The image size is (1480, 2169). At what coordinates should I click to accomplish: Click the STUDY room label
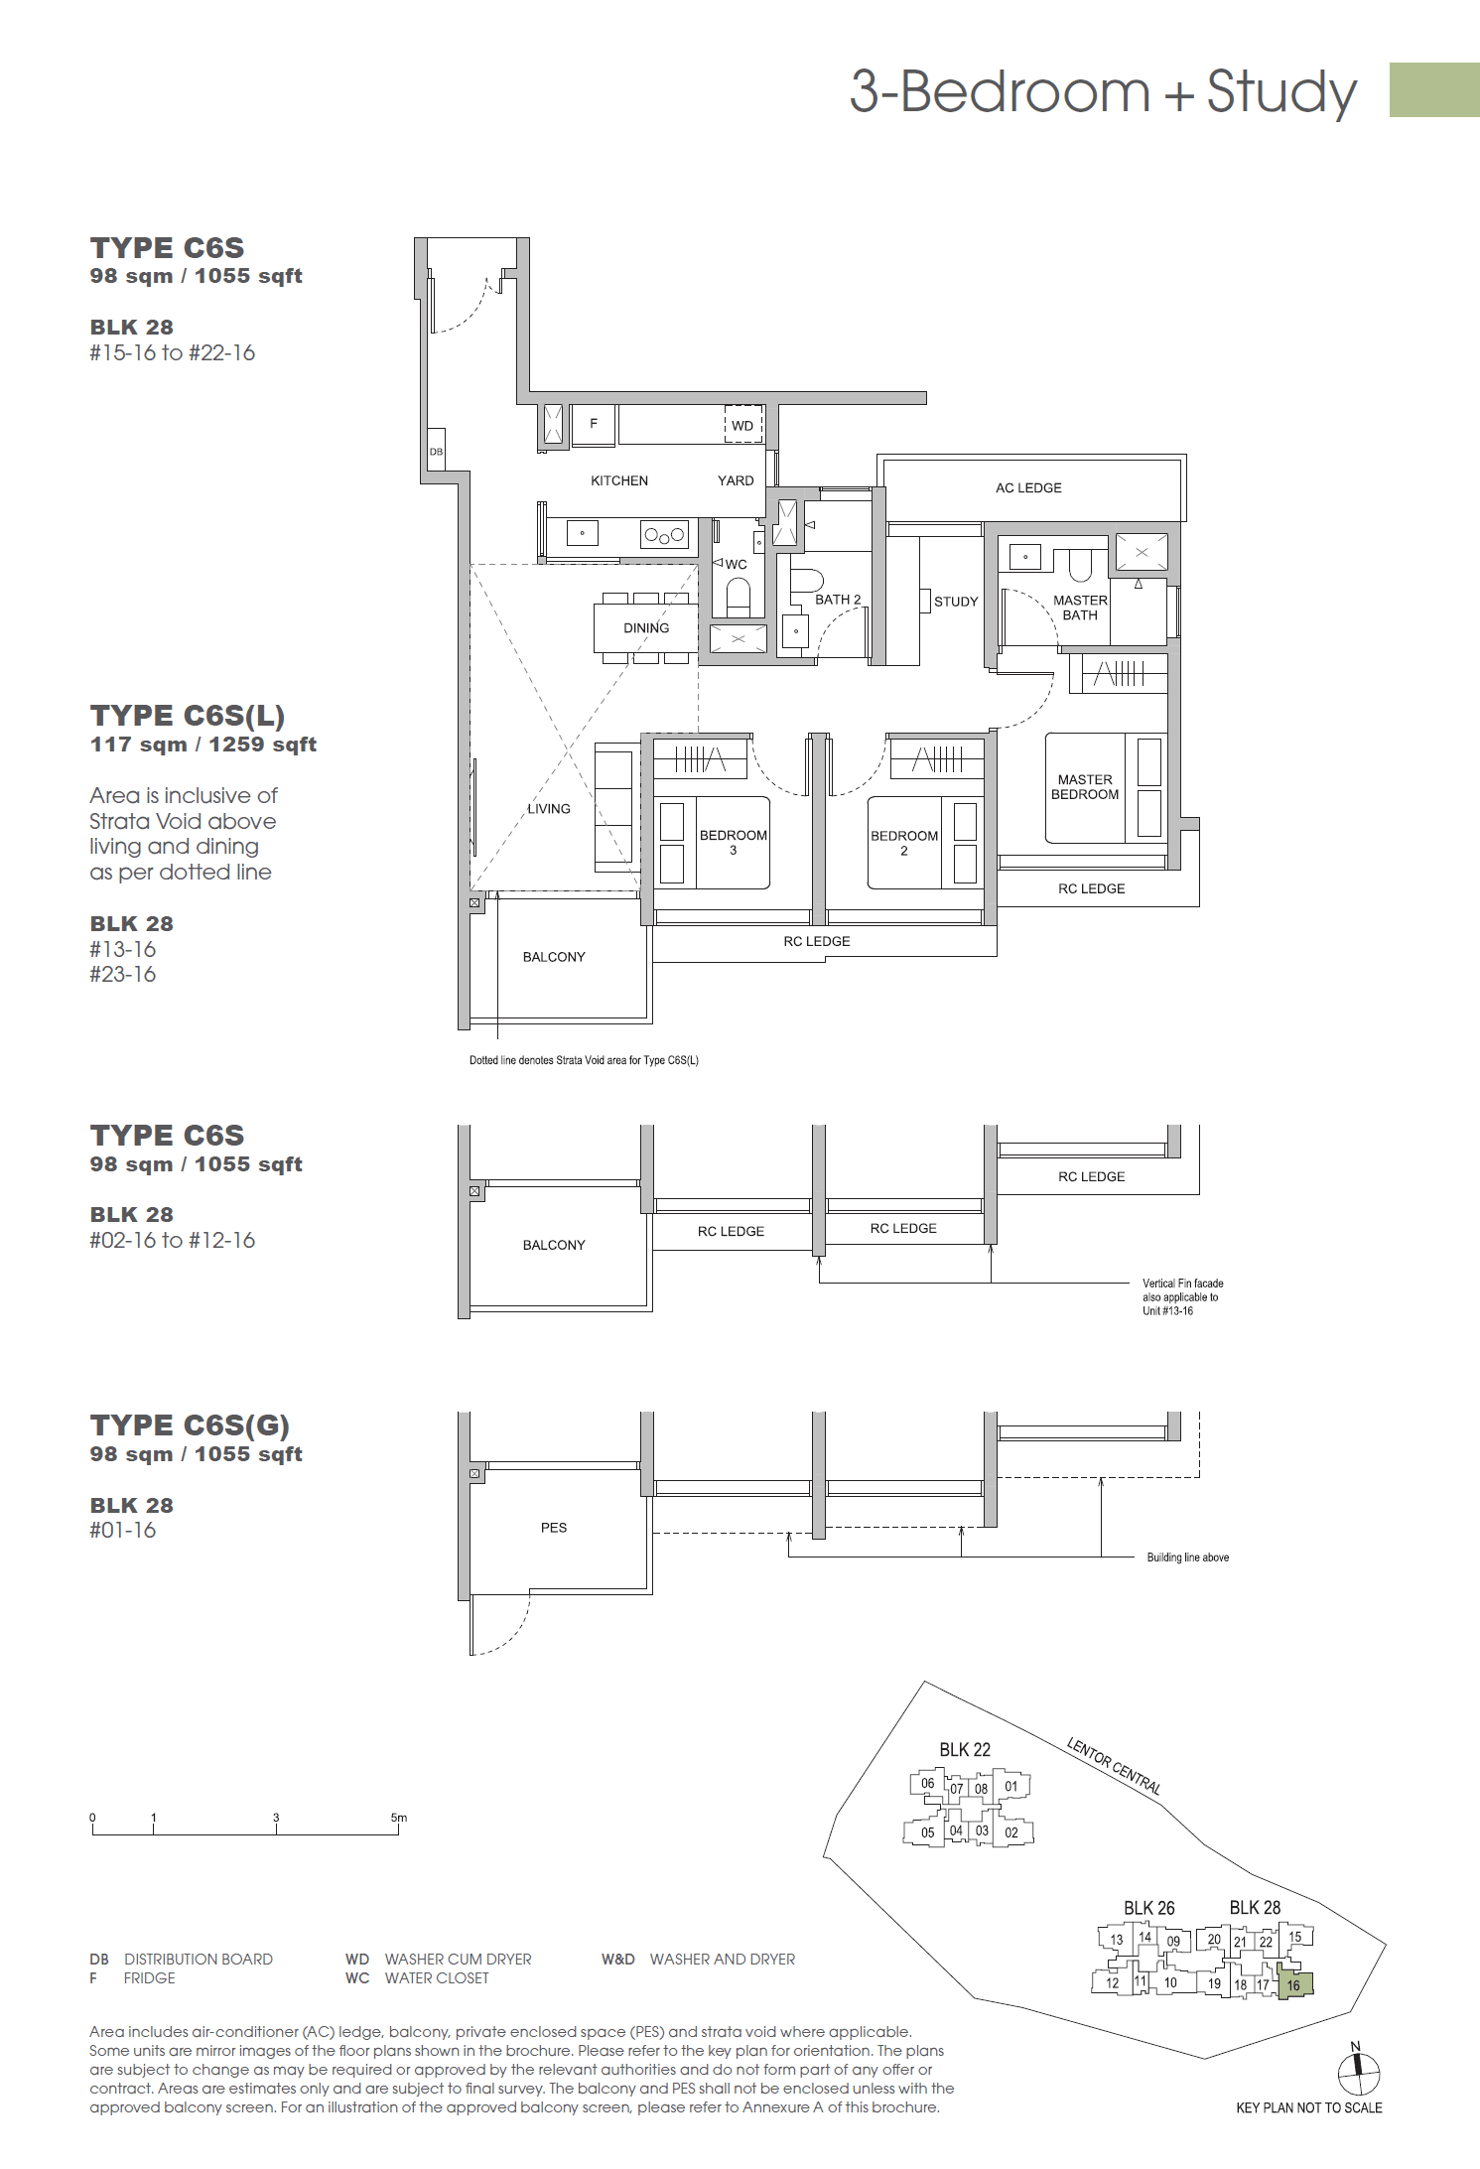pos(955,602)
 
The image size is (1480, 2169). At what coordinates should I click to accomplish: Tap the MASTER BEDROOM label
pos(1084,787)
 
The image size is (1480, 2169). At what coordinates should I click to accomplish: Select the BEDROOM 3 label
pos(733,842)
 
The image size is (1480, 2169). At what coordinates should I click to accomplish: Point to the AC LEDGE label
pos(1028,488)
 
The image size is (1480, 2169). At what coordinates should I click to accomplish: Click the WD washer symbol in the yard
pos(742,425)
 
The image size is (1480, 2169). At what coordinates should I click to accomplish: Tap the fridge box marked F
pos(594,424)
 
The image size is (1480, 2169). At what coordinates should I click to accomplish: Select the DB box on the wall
pos(436,451)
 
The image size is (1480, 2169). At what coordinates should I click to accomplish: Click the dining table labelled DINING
pos(645,628)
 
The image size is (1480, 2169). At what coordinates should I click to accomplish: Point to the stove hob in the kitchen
pos(664,535)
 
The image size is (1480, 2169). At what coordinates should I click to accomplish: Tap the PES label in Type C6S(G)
pos(554,1528)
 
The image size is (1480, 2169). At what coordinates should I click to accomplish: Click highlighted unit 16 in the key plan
pos(1294,1984)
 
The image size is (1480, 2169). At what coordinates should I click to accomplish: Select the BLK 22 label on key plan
pos(965,1750)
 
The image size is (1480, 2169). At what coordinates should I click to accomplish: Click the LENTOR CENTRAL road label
pos(1114,1766)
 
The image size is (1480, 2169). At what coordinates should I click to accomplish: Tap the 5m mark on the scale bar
pos(398,1819)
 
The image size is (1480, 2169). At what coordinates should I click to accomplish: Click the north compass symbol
pos(1358,2073)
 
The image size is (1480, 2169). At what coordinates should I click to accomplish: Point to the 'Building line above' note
pos(1187,1558)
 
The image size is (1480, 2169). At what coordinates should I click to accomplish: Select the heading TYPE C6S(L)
pos(188,716)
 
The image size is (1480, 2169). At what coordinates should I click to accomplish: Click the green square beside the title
pos(1433,90)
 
